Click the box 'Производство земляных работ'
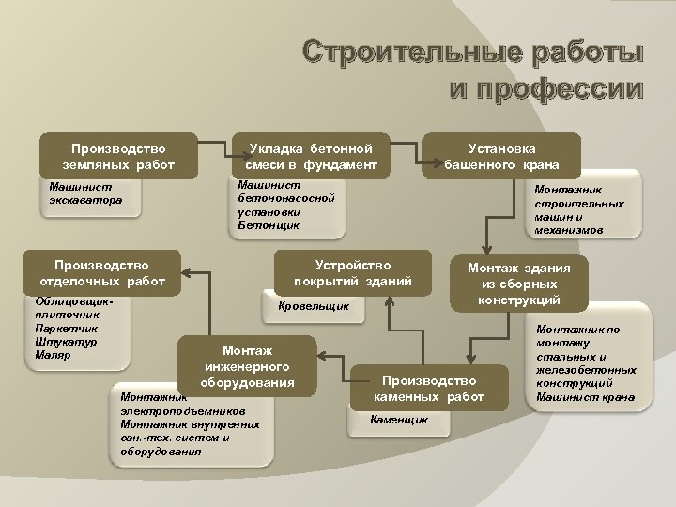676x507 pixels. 118,157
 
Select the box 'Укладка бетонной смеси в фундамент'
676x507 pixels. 310,157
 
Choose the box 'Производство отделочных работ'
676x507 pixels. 102,272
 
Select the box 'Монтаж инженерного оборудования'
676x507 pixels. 249,363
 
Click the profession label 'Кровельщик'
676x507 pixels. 315,306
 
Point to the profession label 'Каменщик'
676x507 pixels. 400,418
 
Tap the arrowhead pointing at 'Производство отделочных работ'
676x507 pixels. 184,273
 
